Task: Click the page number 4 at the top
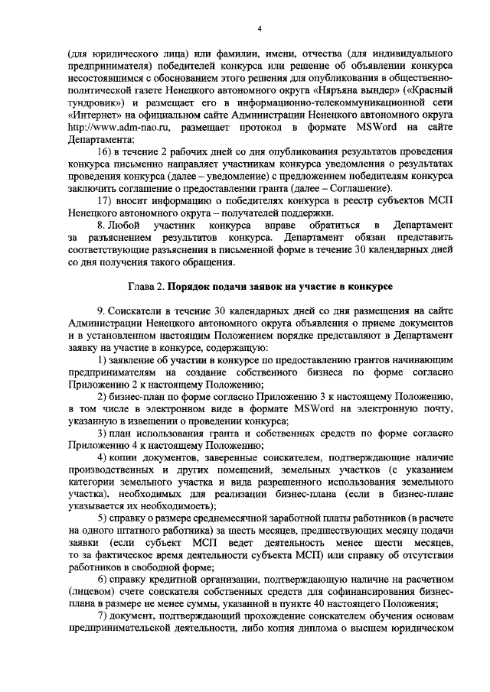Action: coord(260,29)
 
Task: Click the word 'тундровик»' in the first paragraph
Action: coord(96,102)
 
